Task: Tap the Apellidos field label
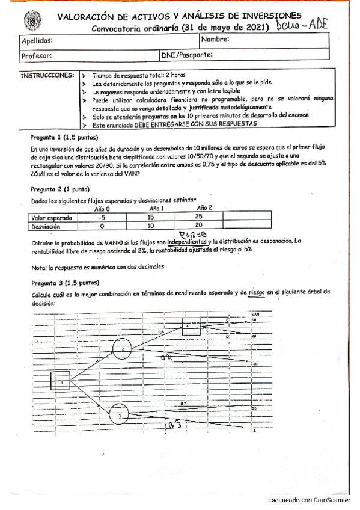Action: tap(37, 41)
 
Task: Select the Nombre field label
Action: tap(215, 40)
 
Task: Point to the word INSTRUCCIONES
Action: tap(47, 76)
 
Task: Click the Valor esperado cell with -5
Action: tap(103, 217)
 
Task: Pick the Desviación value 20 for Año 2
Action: tap(198, 227)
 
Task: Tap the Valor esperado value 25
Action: tap(198, 217)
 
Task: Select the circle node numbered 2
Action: tap(122, 348)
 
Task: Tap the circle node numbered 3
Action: tap(120, 414)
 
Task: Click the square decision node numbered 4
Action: tap(191, 327)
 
